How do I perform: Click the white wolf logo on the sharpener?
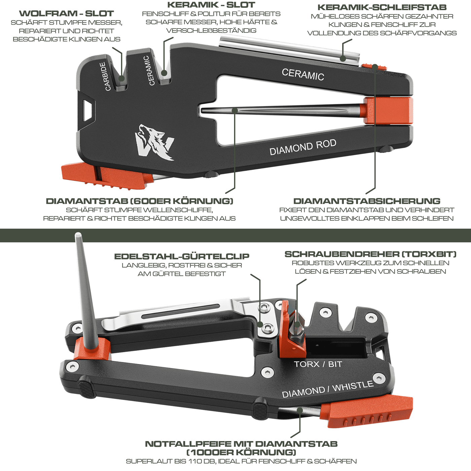(154, 142)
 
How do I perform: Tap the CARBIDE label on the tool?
(105, 76)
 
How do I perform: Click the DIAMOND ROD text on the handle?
(303, 147)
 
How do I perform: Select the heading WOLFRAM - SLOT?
(67, 13)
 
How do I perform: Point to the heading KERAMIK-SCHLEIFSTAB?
(382, 7)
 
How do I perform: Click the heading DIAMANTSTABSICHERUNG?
(367, 201)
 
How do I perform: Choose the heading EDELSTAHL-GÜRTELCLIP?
(182, 256)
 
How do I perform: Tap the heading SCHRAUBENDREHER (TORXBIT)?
(370, 254)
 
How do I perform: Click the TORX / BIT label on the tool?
(318, 364)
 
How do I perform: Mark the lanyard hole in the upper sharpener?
(87, 110)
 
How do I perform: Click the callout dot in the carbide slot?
(121, 78)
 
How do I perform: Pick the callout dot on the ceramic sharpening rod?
(343, 59)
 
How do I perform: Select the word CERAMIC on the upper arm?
(303, 74)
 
